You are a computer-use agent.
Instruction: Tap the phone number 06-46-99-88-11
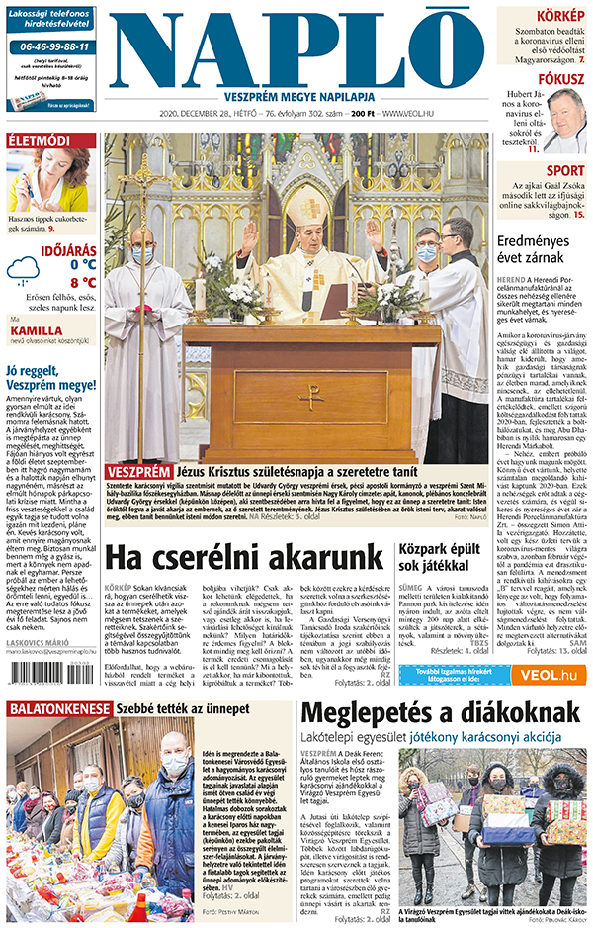tap(51, 46)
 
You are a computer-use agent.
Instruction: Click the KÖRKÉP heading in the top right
tap(559, 17)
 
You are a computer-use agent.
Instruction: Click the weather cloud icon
tap(23, 269)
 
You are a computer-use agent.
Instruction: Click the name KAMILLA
tap(35, 331)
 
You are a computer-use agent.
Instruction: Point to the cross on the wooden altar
tap(310, 396)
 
